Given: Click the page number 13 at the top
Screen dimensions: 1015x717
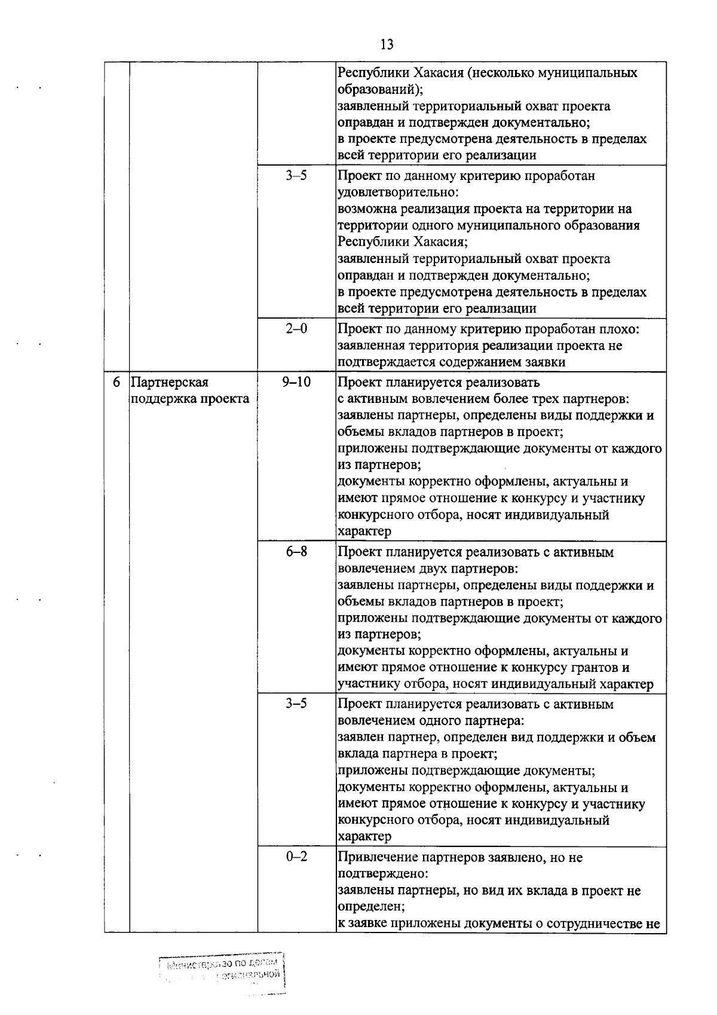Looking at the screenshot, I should pos(387,45).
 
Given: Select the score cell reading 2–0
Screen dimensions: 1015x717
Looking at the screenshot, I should pos(296,329).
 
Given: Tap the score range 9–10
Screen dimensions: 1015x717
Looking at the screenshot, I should pos(296,382).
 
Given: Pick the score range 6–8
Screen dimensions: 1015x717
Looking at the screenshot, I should pos(296,552).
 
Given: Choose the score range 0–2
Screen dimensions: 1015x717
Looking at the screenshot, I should pos(296,857).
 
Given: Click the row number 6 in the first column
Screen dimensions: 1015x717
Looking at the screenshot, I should pos(117,382).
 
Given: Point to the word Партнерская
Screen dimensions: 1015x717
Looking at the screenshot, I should pos(170,382).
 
